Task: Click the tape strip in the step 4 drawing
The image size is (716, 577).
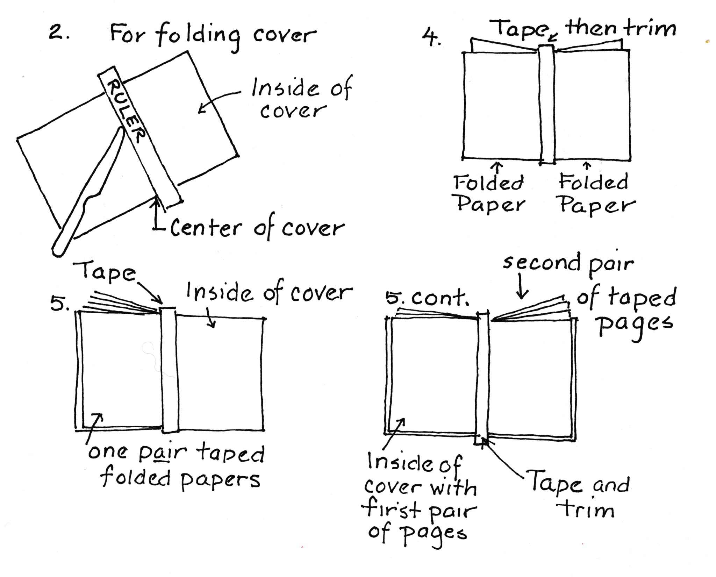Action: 547,105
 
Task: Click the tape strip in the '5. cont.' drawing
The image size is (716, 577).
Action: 483,378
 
